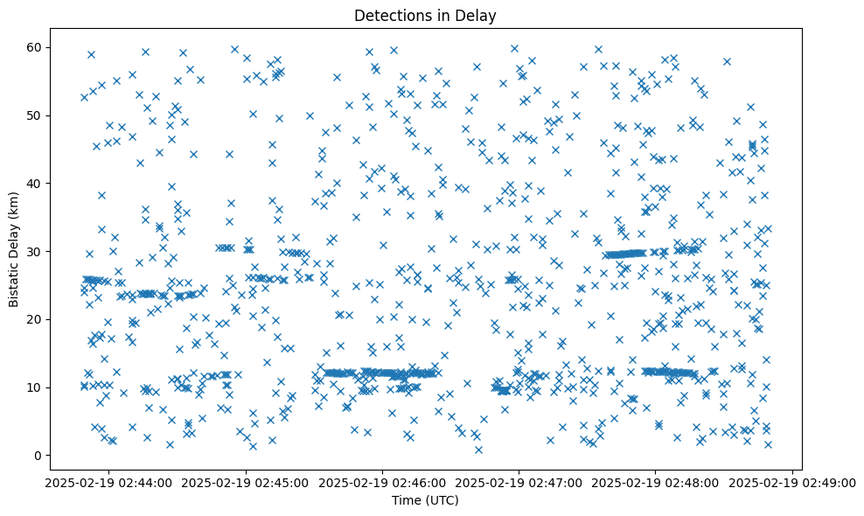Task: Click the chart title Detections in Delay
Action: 423,16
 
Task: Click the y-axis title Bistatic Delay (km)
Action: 14,248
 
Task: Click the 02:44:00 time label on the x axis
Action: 109,482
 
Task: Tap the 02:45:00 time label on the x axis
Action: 246,482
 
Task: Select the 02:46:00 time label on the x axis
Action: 382,482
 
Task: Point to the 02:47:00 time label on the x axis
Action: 519,482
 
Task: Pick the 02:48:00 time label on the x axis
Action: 656,482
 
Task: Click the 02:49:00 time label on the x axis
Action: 792,482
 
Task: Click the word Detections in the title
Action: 387,16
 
